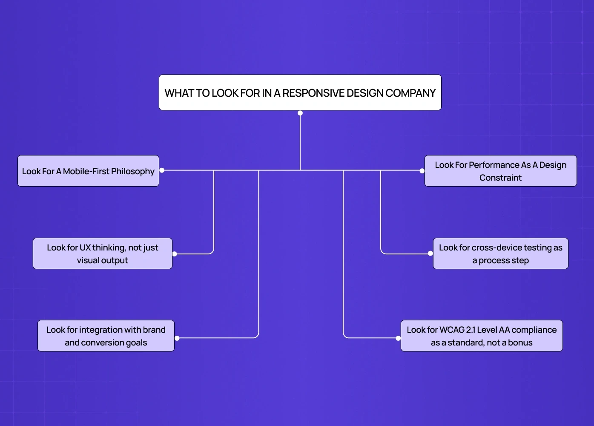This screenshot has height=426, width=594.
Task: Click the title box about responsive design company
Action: (x=300, y=92)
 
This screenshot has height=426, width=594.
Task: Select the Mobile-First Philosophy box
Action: (x=88, y=171)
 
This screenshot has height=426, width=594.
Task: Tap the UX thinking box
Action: (x=103, y=253)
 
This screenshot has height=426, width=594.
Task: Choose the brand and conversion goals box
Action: (x=106, y=336)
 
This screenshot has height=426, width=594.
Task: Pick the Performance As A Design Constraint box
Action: (x=500, y=171)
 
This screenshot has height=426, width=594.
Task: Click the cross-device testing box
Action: (x=500, y=253)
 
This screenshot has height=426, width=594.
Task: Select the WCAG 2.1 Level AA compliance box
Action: (x=482, y=336)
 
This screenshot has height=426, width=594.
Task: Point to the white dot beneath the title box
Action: (x=300, y=113)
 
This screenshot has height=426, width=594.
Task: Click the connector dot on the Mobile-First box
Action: (x=162, y=170)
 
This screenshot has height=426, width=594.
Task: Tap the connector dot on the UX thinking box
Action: (x=175, y=254)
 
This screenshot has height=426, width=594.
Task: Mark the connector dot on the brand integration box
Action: (x=177, y=338)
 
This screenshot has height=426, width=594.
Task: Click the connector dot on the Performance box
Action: (x=422, y=171)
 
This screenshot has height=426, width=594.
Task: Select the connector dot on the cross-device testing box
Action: (x=430, y=253)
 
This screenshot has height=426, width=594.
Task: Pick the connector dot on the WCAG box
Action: (x=398, y=338)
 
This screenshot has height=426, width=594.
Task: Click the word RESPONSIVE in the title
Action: (x=313, y=93)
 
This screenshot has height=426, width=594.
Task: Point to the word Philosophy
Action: (x=133, y=172)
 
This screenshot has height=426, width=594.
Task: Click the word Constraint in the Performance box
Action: (x=500, y=178)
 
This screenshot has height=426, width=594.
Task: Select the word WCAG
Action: (x=452, y=330)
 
